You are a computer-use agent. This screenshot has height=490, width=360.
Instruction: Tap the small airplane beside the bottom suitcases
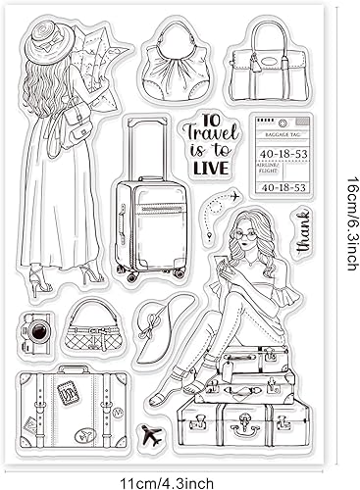[x=150, y=434]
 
